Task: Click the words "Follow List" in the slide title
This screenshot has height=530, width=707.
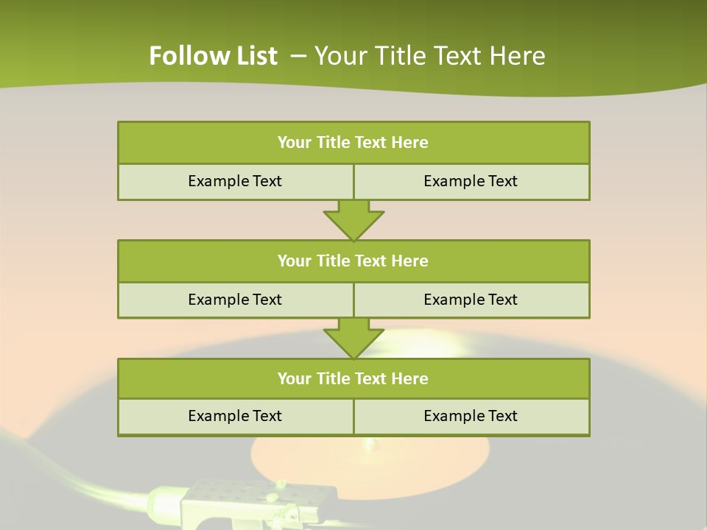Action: [x=213, y=56]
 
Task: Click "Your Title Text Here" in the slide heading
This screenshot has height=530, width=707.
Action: [x=430, y=56]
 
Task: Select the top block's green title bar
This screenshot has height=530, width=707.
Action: [x=353, y=143]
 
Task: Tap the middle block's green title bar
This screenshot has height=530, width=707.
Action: [x=353, y=261]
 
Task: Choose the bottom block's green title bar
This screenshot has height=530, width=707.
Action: [x=353, y=379]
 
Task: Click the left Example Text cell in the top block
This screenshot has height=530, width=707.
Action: [x=235, y=181]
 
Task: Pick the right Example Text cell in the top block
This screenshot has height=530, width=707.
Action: [x=471, y=181]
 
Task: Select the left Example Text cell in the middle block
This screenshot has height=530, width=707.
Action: [x=235, y=300]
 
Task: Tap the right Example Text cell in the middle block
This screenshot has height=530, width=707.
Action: [x=471, y=300]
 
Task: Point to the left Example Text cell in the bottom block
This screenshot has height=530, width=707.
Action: [x=235, y=416]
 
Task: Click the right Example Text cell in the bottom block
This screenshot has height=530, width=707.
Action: [x=471, y=416]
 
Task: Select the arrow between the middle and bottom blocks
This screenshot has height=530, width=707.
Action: [x=353, y=338]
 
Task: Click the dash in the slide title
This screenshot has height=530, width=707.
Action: [x=298, y=56]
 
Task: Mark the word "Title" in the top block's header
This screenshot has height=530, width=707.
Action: [x=333, y=143]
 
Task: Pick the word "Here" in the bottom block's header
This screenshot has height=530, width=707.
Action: [x=410, y=379]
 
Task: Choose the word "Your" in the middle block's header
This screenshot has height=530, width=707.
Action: [x=295, y=261]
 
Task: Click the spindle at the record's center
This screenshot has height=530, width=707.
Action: [x=370, y=444]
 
